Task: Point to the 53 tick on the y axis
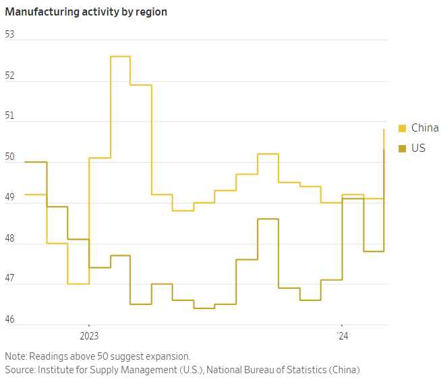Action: pos(9,34)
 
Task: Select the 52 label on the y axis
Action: pos(9,76)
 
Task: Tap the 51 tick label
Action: pos(9,116)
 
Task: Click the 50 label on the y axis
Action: pos(9,157)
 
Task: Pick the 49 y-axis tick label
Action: pos(9,197)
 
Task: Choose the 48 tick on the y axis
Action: pos(9,238)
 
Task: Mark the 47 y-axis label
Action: pos(9,278)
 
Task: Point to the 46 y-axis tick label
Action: pos(9,319)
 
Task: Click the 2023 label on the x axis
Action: pos(89,335)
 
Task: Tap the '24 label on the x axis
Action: pos(342,335)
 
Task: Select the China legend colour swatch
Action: pos(403,128)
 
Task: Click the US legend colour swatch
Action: pos(403,148)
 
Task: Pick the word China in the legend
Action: pos(425,128)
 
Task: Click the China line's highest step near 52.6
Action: pos(120,57)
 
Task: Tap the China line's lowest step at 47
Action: pos(78,283)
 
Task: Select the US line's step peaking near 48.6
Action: pos(268,219)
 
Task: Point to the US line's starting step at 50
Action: pos(36,162)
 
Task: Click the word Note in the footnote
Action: pos(16,356)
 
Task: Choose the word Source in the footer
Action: pos(20,370)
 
